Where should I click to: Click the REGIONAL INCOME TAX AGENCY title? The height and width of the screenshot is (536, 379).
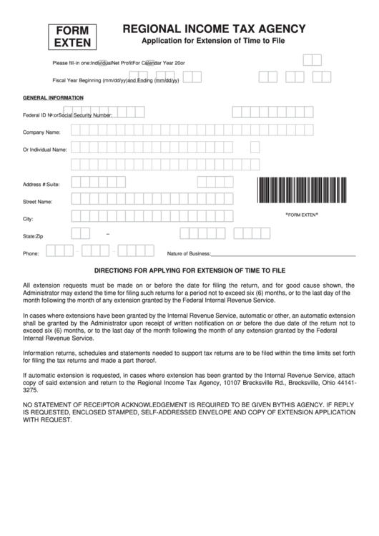point(215,29)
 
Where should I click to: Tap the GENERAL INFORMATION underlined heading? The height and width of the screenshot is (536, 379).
point(48,97)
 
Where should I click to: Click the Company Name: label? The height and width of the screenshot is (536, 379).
point(41,132)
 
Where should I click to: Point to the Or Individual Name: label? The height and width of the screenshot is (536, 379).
point(44,150)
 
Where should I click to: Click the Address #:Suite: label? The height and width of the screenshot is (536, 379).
point(41,185)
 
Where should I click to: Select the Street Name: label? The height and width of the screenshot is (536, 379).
point(38,202)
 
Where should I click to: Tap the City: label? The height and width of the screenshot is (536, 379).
point(29,218)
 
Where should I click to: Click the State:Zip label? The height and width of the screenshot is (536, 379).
point(33,235)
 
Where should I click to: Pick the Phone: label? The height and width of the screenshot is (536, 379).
point(31,253)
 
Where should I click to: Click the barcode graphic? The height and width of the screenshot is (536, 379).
point(301,191)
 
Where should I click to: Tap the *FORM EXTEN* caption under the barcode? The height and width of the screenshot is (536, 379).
point(301,215)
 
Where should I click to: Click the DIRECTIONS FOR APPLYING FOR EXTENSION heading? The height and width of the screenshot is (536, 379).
point(189,271)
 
